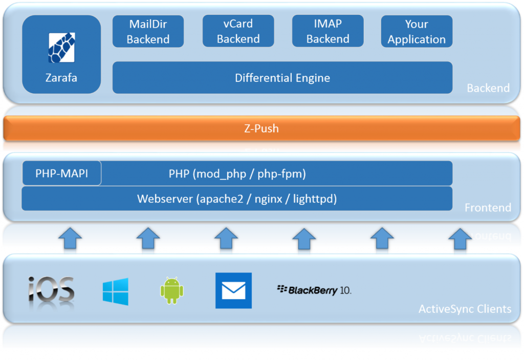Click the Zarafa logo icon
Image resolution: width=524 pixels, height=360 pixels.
point(61,47)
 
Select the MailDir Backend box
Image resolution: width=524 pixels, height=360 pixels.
point(148,31)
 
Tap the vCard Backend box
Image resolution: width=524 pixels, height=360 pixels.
point(238,31)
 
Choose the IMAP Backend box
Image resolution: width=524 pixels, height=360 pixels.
point(327,31)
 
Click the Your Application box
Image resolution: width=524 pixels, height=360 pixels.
point(417,32)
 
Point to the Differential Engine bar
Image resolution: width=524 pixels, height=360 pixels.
point(282,78)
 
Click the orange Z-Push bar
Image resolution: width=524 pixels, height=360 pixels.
point(261,128)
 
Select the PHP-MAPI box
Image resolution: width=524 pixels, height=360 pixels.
point(62,174)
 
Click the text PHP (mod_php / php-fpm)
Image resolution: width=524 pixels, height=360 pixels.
point(237,174)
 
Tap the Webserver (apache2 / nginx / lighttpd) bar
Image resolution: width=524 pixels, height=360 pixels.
point(237,199)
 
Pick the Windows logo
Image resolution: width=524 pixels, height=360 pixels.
point(115,291)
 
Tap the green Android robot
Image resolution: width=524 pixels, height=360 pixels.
point(171,290)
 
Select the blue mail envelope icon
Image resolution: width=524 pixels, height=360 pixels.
point(233,290)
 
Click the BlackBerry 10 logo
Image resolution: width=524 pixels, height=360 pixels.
point(314,290)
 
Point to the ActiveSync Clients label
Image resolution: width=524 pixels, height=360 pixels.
point(465,309)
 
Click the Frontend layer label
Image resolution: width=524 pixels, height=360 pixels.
point(487,207)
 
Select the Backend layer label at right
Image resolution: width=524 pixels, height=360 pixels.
point(488,88)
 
